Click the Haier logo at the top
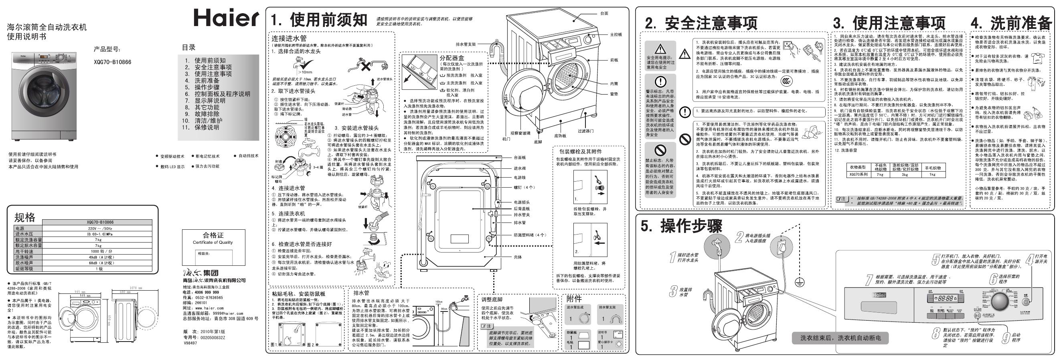pyautogui.click(x=226, y=18)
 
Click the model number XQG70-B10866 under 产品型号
pyautogui.click(x=112, y=62)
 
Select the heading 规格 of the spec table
pyautogui.click(x=25, y=217)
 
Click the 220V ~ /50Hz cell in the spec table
pyautogui.click(x=100, y=228)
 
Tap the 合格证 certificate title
pyautogui.click(x=213, y=235)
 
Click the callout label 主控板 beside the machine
pyautogui.click(x=616, y=35)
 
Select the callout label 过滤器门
pyautogui.click(x=585, y=131)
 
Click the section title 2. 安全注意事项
pyautogui.click(x=701, y=23)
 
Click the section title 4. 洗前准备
pyautogui.click(x=1014, y=23)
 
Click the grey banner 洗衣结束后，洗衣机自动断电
pyautogui.click(x=840, y=338)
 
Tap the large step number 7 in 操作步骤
pyautogui.click(x=869, y=280)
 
